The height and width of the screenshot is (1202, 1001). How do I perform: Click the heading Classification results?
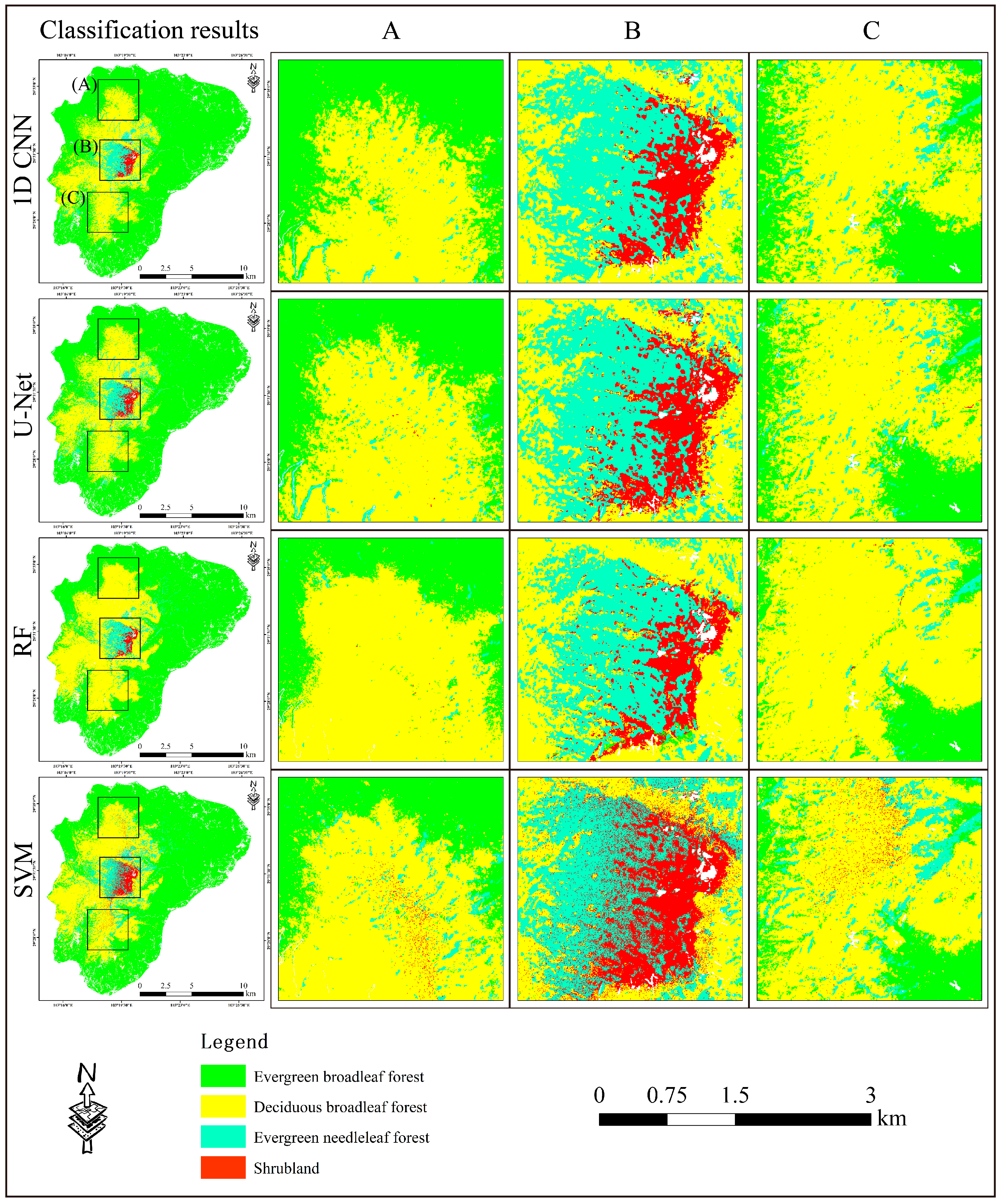click(149, 30)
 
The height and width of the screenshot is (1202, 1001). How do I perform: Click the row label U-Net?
click(23, 405)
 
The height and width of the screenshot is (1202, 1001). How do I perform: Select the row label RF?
click(23, 641)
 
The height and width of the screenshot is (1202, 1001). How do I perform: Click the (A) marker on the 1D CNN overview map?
click(84, 85)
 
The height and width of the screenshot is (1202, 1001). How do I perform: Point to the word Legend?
click(234, 1041)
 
